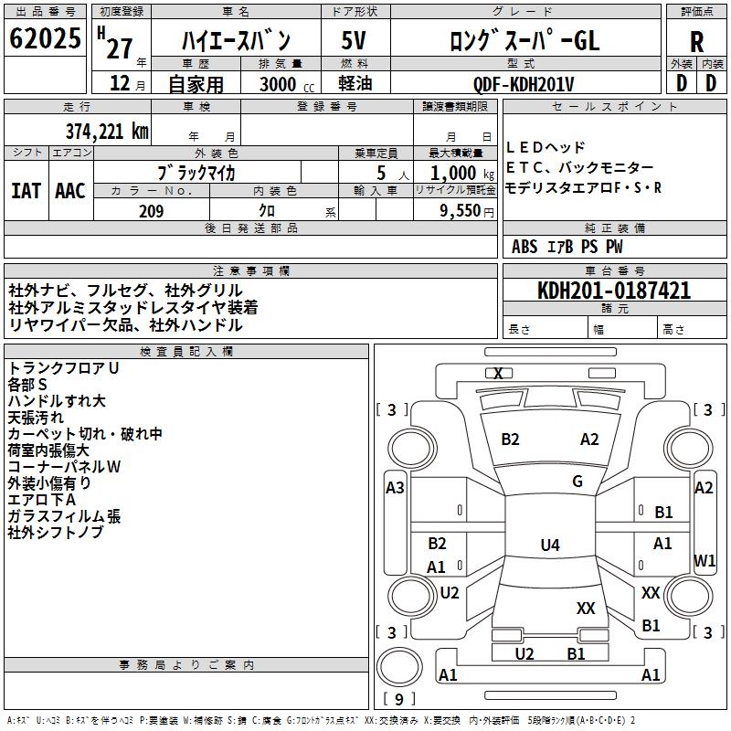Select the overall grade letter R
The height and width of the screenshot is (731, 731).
point(696,41)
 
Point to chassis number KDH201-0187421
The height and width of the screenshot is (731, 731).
point(613,291)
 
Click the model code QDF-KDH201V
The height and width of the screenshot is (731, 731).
point(524,83)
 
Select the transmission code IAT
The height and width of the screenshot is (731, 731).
point(25,191)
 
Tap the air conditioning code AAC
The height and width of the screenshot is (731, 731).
point(70,191)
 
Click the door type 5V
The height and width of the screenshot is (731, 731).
point(355,41)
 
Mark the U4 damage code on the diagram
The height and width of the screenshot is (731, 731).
point(549,546)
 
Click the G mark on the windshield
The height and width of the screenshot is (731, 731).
point(577,482)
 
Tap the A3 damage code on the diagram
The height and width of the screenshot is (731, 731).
point(395,488)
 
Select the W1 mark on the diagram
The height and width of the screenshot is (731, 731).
point(705,560)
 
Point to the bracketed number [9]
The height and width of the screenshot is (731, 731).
point(397,699)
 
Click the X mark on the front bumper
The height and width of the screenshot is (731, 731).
point(498,374)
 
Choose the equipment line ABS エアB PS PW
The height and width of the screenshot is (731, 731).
point(567,247)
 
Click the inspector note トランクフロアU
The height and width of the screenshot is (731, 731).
point(64,367)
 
